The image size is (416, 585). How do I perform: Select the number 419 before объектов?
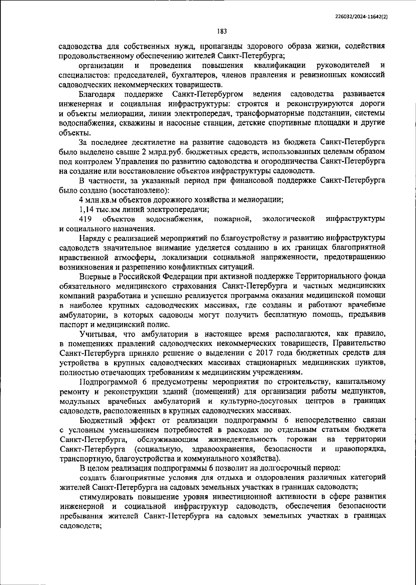[85, 219]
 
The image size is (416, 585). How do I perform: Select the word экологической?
[289, 219]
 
